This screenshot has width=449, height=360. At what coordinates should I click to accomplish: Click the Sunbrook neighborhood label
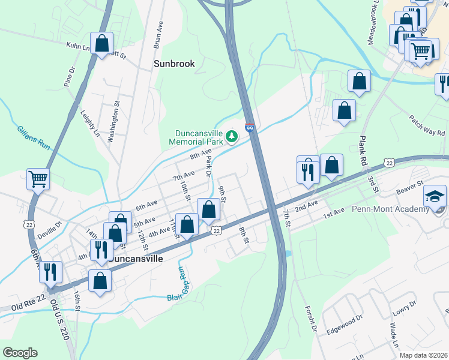point(174,63)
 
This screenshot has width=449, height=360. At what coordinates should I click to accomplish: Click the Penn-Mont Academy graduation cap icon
point(435,196)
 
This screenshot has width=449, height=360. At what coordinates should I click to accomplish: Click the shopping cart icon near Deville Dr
point(38,178)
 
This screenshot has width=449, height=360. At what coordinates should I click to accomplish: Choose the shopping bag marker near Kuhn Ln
point(102,43)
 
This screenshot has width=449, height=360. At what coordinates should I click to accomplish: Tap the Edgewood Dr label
point(345,323)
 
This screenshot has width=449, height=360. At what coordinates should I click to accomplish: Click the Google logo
point(20,352)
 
